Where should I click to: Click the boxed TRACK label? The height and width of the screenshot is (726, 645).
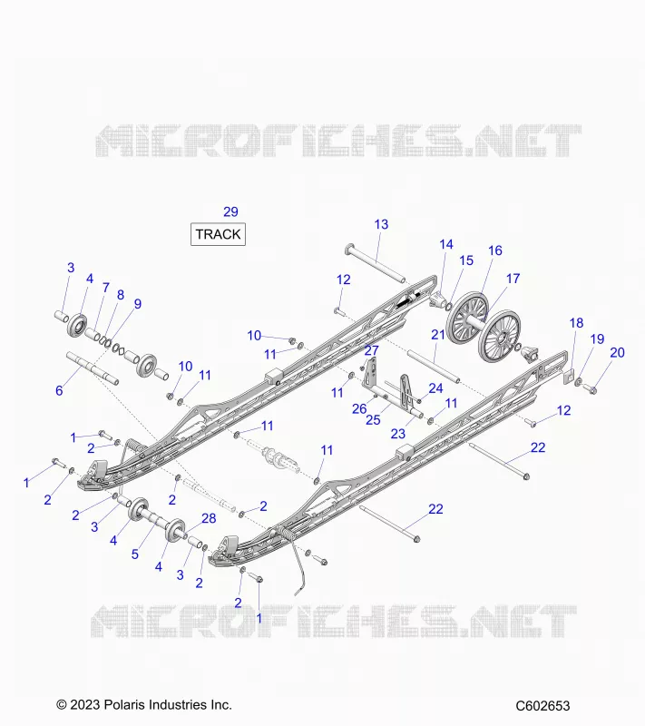218,234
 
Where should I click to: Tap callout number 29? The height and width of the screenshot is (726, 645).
230,211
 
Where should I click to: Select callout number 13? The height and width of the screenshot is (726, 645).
381,224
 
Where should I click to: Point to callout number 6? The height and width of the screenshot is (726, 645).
59,390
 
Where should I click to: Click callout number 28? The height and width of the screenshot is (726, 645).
209,518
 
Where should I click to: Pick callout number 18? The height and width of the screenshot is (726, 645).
576,323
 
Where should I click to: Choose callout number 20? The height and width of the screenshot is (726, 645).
617,352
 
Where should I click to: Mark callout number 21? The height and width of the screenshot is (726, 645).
438,334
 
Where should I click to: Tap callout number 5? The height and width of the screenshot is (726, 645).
134,554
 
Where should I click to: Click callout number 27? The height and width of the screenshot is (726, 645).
372,350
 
